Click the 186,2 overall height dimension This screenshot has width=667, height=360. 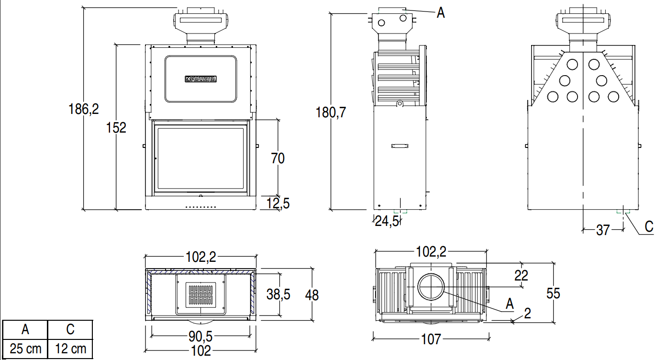point(84,109)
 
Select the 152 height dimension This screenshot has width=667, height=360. point(117,128)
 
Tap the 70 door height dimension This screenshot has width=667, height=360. point(278,158)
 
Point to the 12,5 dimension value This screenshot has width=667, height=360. point(278,204)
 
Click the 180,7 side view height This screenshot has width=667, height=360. point(331,112)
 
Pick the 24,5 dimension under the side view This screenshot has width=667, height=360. point(386,221)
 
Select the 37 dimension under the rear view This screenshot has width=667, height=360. point(603,230)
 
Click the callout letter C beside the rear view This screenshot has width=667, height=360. point(648,226)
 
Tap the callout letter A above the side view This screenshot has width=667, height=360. point(441,13)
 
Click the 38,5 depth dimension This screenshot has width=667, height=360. point(278,294)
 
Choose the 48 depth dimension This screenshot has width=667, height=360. point(311,295)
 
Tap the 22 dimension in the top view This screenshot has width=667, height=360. point(521,275)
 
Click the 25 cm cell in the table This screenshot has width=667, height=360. point(25,349)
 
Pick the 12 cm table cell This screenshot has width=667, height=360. point(70,349)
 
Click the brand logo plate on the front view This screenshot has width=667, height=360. point(201,79)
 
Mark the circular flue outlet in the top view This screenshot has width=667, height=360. point(432,287)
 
